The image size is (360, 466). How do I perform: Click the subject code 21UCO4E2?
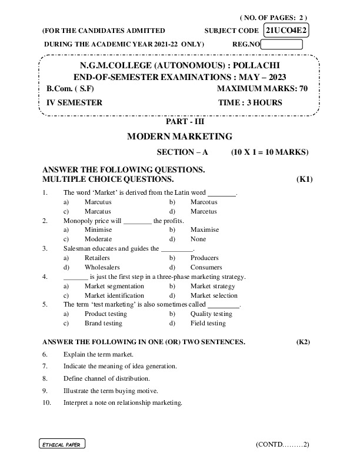click(x=287, y=30)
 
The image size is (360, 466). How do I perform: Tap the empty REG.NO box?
click(x=282, y=44)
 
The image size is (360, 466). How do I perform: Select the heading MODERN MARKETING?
click(x=180, y=137)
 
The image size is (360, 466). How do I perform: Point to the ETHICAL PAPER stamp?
click(x=61, y=444)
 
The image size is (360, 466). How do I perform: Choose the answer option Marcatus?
click(x=98, y=211)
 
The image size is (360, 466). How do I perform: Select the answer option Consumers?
click(x=206, y=267)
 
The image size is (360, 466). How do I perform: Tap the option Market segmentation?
click(x=114, y=286)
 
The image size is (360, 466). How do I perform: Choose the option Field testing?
click(x=208, y=324)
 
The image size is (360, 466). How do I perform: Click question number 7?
click(x=45, y=366)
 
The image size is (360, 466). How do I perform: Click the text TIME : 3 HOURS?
click(x=250, y=102)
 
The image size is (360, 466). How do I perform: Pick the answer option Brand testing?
click(x=104, y=324)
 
